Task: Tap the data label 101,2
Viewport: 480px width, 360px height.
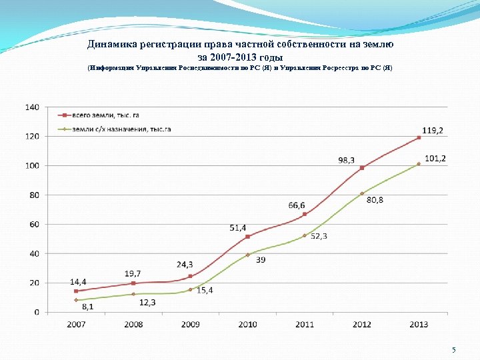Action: click(x=435, y=158)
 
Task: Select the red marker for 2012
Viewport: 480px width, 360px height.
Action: click(x=361, y=168)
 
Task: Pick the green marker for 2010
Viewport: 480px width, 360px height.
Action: click(x=247, y=255)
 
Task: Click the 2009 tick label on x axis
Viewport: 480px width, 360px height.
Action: click(x=190, y=324)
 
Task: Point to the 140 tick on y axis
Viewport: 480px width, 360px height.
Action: click(x=32, y=107)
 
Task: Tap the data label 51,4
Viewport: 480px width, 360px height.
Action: click(x=238, y=227)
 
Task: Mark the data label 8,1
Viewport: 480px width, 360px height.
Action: click(x=88, y=307)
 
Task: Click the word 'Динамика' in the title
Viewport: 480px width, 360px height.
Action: click(x=111, y=45)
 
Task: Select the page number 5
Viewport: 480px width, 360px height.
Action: click(x=453, y=350)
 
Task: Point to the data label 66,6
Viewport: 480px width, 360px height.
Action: click(x=297, y=205)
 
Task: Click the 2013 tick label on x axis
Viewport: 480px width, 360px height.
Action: click(x=419, y=324)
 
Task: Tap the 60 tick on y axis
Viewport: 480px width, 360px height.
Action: click(x=34, y=224)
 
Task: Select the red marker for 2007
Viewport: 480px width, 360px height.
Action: click(x=76, y=291)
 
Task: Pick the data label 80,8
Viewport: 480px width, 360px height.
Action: click(x=375, y=200)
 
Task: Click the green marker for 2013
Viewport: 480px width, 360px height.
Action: click(x=419, y=164)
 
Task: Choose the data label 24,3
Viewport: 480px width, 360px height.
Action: click(x=185, y=264)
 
